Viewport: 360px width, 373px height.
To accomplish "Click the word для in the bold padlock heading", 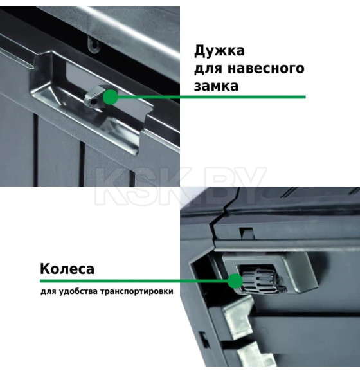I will pos(210,68).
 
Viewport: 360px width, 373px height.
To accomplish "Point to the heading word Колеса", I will pos(67,268).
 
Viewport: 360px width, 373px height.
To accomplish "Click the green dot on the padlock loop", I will pos(111,98).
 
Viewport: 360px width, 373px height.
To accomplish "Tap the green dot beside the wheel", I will pos(234,281).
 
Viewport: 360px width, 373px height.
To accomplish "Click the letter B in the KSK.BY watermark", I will pos(229,183).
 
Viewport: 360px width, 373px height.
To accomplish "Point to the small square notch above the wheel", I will pos(242,231).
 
